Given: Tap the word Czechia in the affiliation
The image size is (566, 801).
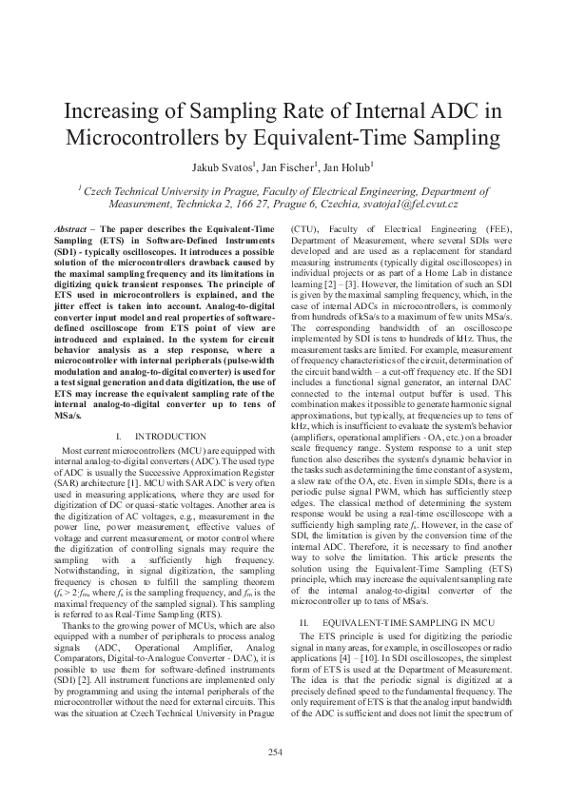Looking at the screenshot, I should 350,205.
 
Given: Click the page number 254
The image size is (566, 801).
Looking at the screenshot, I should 283,753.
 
